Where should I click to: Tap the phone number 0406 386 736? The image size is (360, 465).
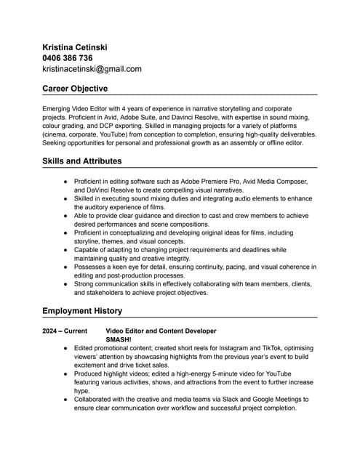pyautogui.click(x=68, y=58)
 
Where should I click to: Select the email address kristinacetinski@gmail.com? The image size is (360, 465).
pyautogui.click(x=92, y=69)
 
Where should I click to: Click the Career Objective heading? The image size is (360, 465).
pyautogui.click(x=75, y=89)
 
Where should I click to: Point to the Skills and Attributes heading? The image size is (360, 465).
pyautogui.click(x=82, y=161)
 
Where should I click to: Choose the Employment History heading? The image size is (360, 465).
pyautogui.click(x=82, y=311)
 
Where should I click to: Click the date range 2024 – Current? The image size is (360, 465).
pyautogui.click(x=65, y=331)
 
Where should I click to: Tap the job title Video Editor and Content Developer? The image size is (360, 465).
pyautogui.click(x=161, y=331)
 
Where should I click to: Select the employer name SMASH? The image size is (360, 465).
pyautogui.click(x=119, y=339)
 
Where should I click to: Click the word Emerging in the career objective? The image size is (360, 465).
pyautogui.click(x=58, y=108)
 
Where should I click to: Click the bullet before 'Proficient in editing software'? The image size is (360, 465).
pyautogui.click(x=66, y=181)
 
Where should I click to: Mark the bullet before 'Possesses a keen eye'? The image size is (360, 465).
pyautogui.click(x=66, y=268)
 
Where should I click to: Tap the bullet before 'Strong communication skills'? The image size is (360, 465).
pyautogui.click(x=66, y=285)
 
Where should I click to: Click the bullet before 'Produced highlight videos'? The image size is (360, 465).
pyautogui.click(x=66, y=373)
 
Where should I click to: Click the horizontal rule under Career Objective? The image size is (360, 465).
pyautogui.click(x=180, y=95)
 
